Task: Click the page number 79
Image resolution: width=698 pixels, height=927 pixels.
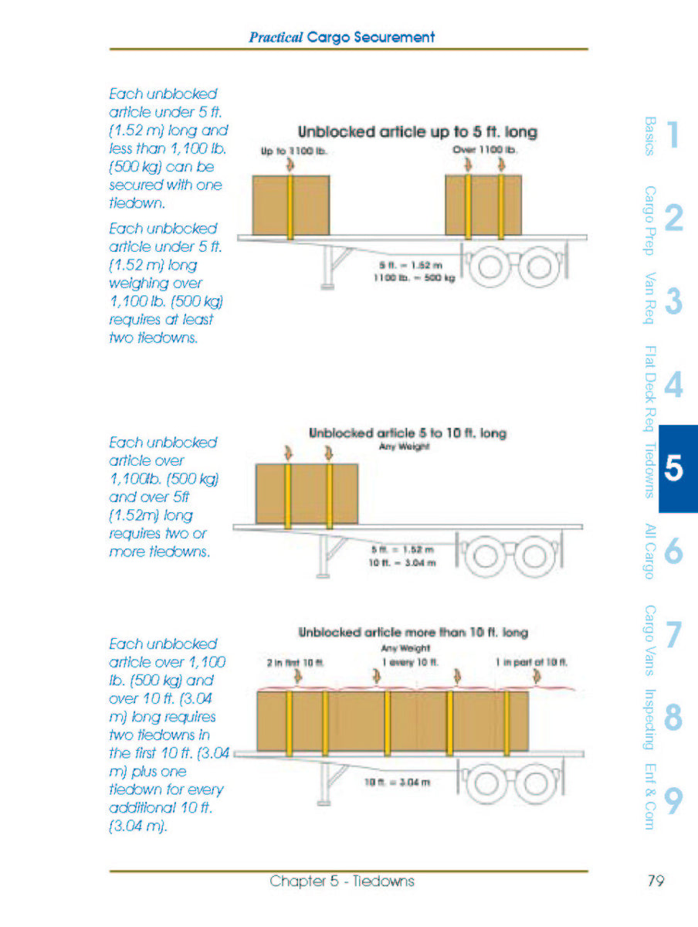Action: pos(655,881)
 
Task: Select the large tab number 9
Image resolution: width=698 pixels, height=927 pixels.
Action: pos(673,803)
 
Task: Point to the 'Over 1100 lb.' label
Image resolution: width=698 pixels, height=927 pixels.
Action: pos(485,149)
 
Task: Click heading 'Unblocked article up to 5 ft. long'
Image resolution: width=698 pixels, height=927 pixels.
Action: pos(417,132)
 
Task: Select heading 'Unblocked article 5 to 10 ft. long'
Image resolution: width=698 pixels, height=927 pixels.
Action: pos(407,433)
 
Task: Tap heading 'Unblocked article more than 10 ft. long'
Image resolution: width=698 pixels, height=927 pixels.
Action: pos(412,633)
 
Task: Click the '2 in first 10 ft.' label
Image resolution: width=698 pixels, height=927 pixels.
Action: pos(291,662)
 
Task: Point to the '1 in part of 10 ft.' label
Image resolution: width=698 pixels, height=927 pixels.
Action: pos(532,662)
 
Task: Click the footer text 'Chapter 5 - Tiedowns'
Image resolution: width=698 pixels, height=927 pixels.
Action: pos(342,881)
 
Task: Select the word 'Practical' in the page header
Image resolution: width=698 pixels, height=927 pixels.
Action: pos(276,36)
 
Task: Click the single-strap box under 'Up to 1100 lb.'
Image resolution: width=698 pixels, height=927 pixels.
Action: pos(291,203)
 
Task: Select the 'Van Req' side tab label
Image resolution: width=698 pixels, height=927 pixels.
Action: pos(649,298)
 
